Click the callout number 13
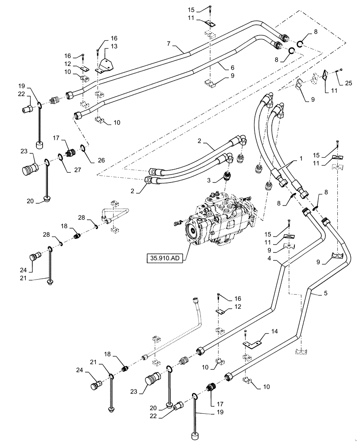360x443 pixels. coord(114,47)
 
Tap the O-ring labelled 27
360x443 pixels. coord(59,156)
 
